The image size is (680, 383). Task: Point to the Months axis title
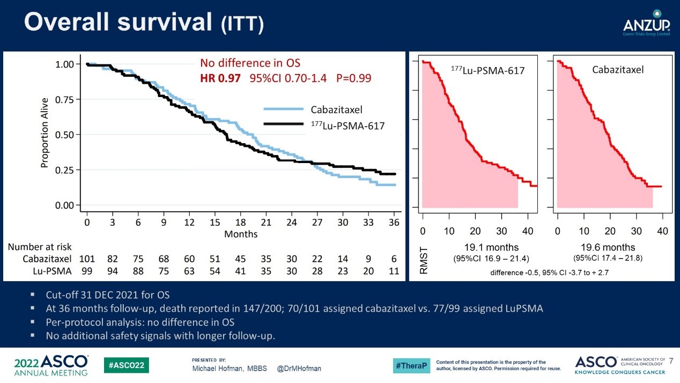tap(241, 234)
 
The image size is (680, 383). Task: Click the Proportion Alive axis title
tap(45, 133)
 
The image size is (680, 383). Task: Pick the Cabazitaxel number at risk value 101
tap(87, 259)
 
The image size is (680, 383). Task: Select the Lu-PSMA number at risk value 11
tap(394, 271)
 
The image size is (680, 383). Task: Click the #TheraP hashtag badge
tap(411, 366)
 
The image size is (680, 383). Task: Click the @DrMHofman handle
tap(299, 369)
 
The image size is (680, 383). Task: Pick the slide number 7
tap(671, 360)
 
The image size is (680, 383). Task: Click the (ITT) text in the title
tap(242, 25)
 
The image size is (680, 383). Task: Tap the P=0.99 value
tap(353, 78)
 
